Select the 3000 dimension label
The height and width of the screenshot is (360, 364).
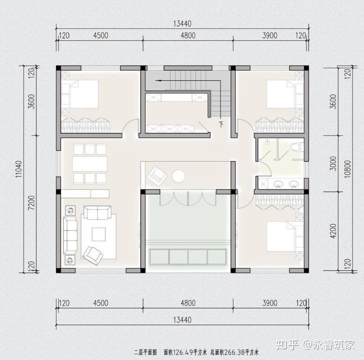click(333, 164)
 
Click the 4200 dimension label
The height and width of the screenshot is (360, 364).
click(333, 231)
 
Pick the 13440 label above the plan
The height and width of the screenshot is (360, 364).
click(182, 24)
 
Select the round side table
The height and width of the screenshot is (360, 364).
click(178, 176)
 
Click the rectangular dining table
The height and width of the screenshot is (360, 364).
click(90, 164)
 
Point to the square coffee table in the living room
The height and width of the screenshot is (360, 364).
click(98, 234)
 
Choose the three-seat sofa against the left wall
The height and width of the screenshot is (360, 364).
click(70, 235)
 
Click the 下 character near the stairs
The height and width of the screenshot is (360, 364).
click(222, 124)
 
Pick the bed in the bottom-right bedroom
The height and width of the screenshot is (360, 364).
click(285, 237)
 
